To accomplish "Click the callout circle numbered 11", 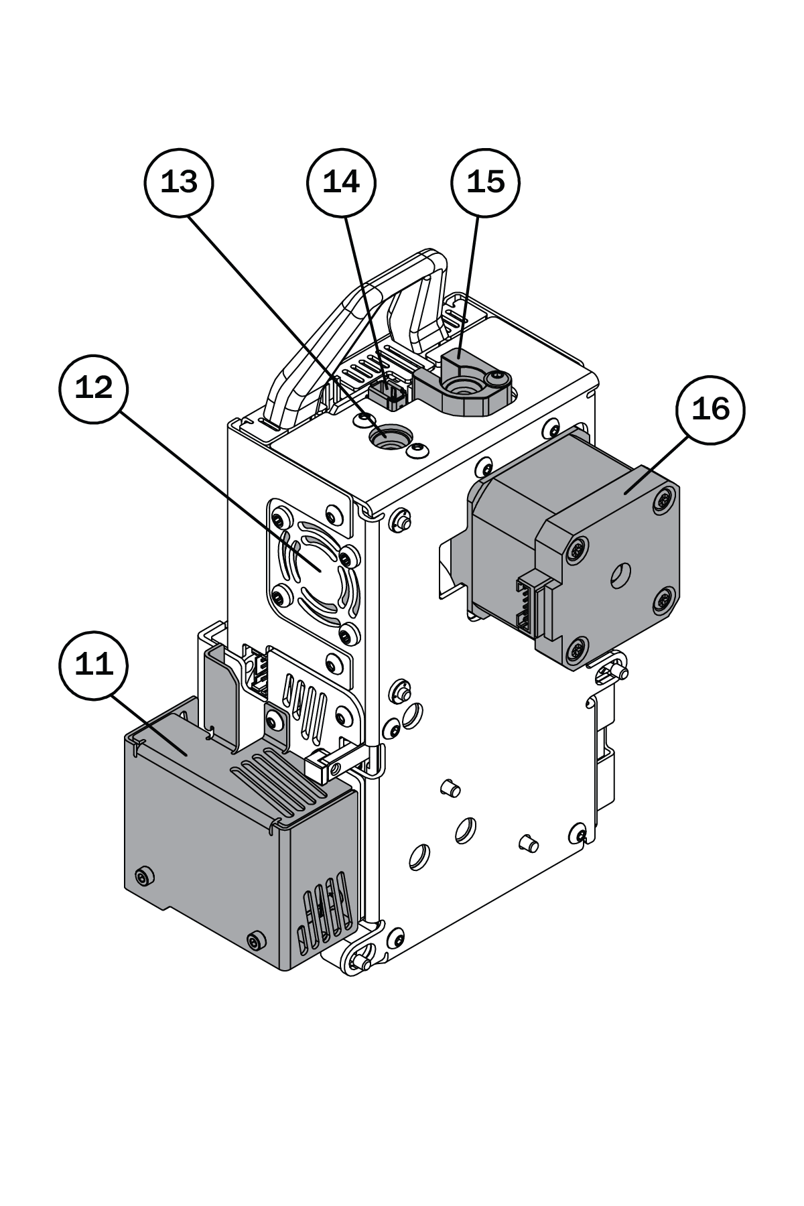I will click(x=94, y=665).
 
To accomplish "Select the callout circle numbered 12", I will click(x=94, y=389).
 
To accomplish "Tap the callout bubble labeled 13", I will click(x=179, y=182).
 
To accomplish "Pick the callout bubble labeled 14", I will click(x=341, y=182).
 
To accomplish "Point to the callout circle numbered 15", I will click(x=485, y=182).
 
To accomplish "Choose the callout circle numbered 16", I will click(x=710, y=409).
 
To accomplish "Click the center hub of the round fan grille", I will click(x=315, y=568).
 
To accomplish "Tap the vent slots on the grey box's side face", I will click(x=325, y=910).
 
